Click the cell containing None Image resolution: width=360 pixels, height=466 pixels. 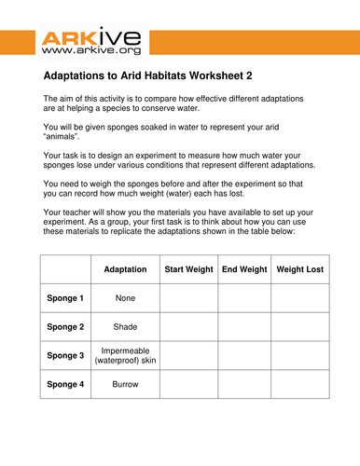click(125, 298)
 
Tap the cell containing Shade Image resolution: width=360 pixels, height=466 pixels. click(125, 327)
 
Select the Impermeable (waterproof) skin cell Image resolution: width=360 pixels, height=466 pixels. click(125, 355)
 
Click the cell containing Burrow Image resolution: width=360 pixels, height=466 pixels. click(125, 383)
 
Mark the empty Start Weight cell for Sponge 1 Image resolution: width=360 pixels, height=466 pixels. click(188, 298)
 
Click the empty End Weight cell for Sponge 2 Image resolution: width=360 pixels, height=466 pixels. click(244, 327)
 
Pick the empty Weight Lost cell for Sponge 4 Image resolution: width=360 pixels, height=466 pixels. click(299, 383)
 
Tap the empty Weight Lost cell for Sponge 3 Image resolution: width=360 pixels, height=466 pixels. click(299, 355)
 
